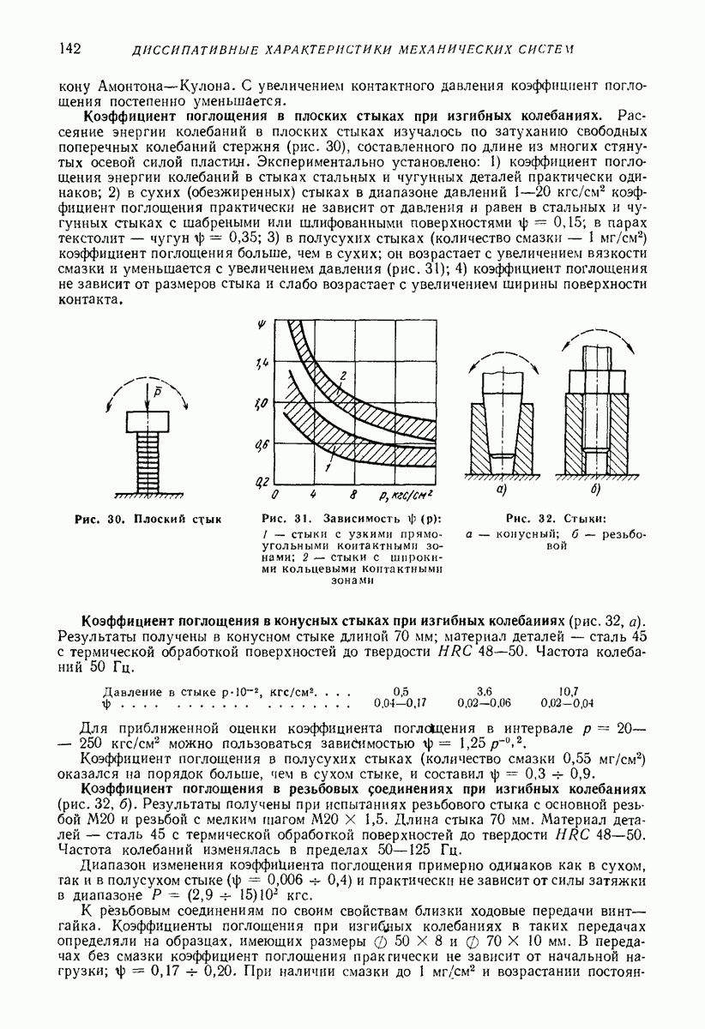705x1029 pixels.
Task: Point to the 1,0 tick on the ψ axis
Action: [x=262, y=403]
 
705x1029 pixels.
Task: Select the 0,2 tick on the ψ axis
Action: [x=262, y=481]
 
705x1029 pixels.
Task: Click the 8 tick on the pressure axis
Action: [x=353, y=496]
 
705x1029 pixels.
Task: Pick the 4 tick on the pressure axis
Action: [x=314, y=496]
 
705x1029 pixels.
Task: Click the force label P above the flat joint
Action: [x=148, y=392]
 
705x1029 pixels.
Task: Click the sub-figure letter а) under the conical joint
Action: [x=502, y=490]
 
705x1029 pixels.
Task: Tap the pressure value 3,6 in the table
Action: [x=484, y=690]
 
